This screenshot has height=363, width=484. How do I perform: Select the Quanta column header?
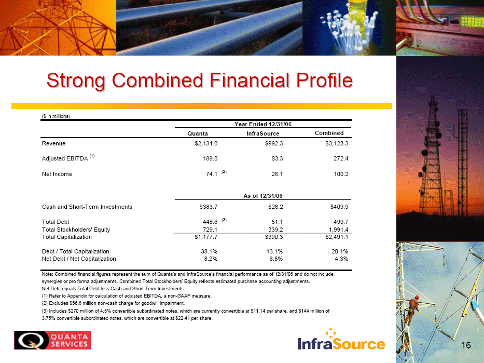(x=198, y=133)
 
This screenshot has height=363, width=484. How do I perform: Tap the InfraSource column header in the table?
(x=263, y=133)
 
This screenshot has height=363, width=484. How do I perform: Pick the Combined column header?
(x=329, y=133)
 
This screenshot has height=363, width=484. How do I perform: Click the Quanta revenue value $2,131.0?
(x=206, y=143)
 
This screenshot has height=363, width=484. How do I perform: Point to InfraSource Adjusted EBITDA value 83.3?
(x=277, y=158)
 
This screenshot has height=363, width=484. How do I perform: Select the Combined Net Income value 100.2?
(x=341, y=174)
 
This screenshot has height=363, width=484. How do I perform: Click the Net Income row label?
(x=57, y=174)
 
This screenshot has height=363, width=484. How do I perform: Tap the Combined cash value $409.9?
(x=339, y=207)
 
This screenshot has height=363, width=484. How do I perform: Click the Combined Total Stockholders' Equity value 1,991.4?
(x=339, y=230)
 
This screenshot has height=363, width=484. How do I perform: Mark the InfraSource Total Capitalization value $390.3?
(x=274, y=237)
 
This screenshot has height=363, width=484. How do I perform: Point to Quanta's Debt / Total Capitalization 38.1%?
(x=209, y=251)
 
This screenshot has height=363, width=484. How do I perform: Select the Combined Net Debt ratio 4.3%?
(x=341, y=259)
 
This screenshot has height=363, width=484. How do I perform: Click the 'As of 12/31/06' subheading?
(x=263, y=196)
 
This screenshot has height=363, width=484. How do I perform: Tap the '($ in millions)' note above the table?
(x=56, y=116)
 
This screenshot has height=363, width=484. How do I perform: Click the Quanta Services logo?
(x=52, y=340)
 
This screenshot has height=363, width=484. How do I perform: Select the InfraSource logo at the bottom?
(x=341, y=340)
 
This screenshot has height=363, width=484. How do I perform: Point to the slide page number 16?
(x=466, y=345)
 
